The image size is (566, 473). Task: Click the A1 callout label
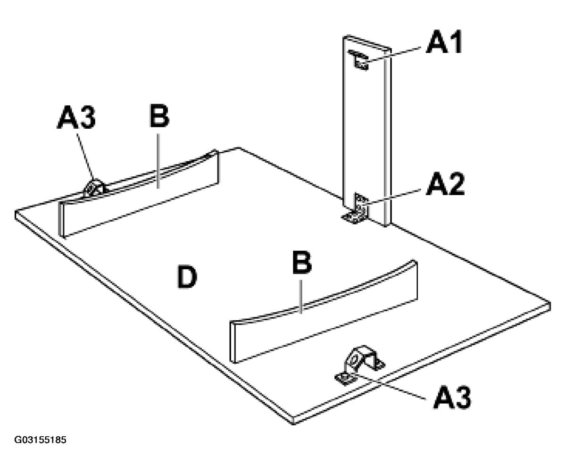[x=444, y=42]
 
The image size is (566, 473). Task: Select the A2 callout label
[x=445, y=184]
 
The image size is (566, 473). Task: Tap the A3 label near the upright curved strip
[x=76, y=117]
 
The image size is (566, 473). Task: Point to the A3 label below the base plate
[x=452, y=397]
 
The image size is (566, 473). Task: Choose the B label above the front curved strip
[x=302, y=262]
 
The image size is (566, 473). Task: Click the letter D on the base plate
[x=187, y=277]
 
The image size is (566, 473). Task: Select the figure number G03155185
[x=40, y=440]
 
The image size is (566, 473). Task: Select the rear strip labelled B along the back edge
[x=138, y=193]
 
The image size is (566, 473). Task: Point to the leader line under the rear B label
[x=158, y=161]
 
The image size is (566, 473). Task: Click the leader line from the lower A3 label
[x=391, y=387]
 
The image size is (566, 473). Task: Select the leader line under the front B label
[x=301, y=297]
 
